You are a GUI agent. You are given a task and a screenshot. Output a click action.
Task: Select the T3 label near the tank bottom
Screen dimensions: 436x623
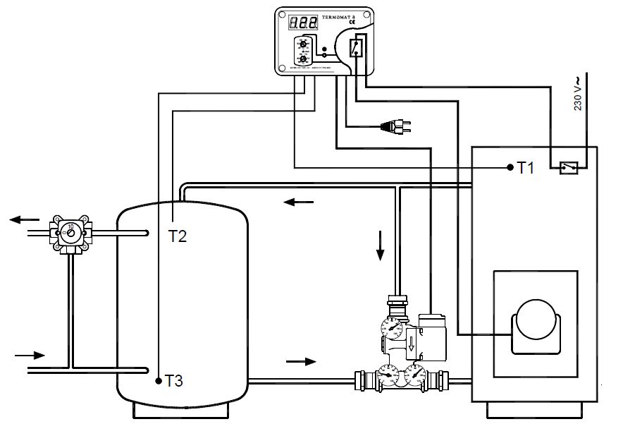(x=174, y=381)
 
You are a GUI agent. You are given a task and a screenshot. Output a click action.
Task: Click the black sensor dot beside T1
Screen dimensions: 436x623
(x=510, y=167)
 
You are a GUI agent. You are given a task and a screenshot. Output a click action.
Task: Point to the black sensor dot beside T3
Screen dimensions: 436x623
(x=159, y=381)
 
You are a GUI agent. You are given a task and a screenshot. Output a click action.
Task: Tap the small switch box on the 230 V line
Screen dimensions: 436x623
(x=569, y=167)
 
